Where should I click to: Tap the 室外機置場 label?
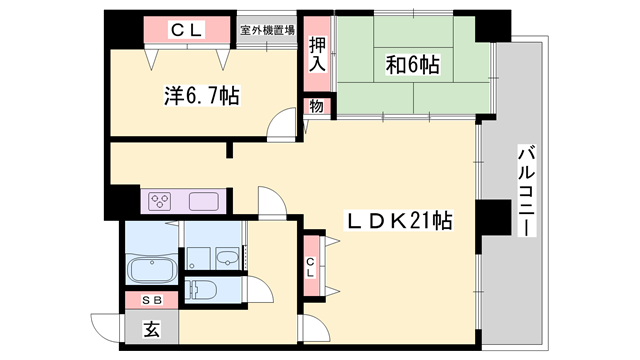click(267, 30)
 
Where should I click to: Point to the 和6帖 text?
click(413, 67)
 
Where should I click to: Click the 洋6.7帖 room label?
click(201, 96)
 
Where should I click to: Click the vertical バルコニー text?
click(524, 190)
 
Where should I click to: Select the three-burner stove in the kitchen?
click(160, 201)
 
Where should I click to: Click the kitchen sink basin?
click(204, 200)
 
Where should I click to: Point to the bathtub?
click(150, 269)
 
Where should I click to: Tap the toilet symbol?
click(204, 291)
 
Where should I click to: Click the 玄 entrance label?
click(151, 328)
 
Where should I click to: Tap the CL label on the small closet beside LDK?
click(311, 265)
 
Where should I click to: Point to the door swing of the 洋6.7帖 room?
click(284, 125)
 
